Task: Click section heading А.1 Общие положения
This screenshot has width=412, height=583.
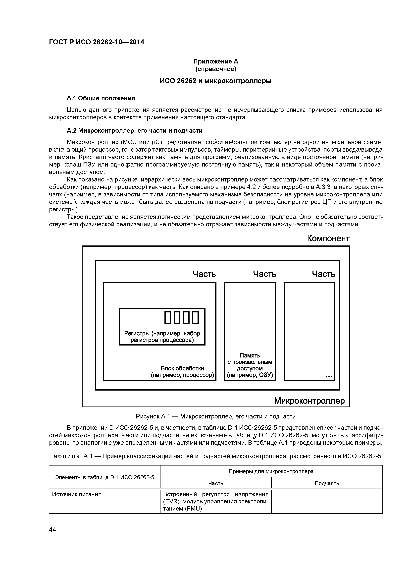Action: [x=101, y=98]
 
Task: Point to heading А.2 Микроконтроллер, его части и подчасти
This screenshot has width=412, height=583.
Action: [x=135, y=130]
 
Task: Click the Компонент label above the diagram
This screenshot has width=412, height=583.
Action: [x=328, y=238]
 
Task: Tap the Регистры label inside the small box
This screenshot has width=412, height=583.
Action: [x=162, y=337]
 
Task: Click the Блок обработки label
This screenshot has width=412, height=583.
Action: [x=182, y=371]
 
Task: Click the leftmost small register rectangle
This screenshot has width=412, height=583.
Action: [x=168, y=318]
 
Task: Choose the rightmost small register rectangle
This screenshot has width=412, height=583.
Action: [x=195, y=318]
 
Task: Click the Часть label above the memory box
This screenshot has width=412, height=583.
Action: [x=264, y=274]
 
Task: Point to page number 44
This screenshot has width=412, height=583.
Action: [x=52, y=530]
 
